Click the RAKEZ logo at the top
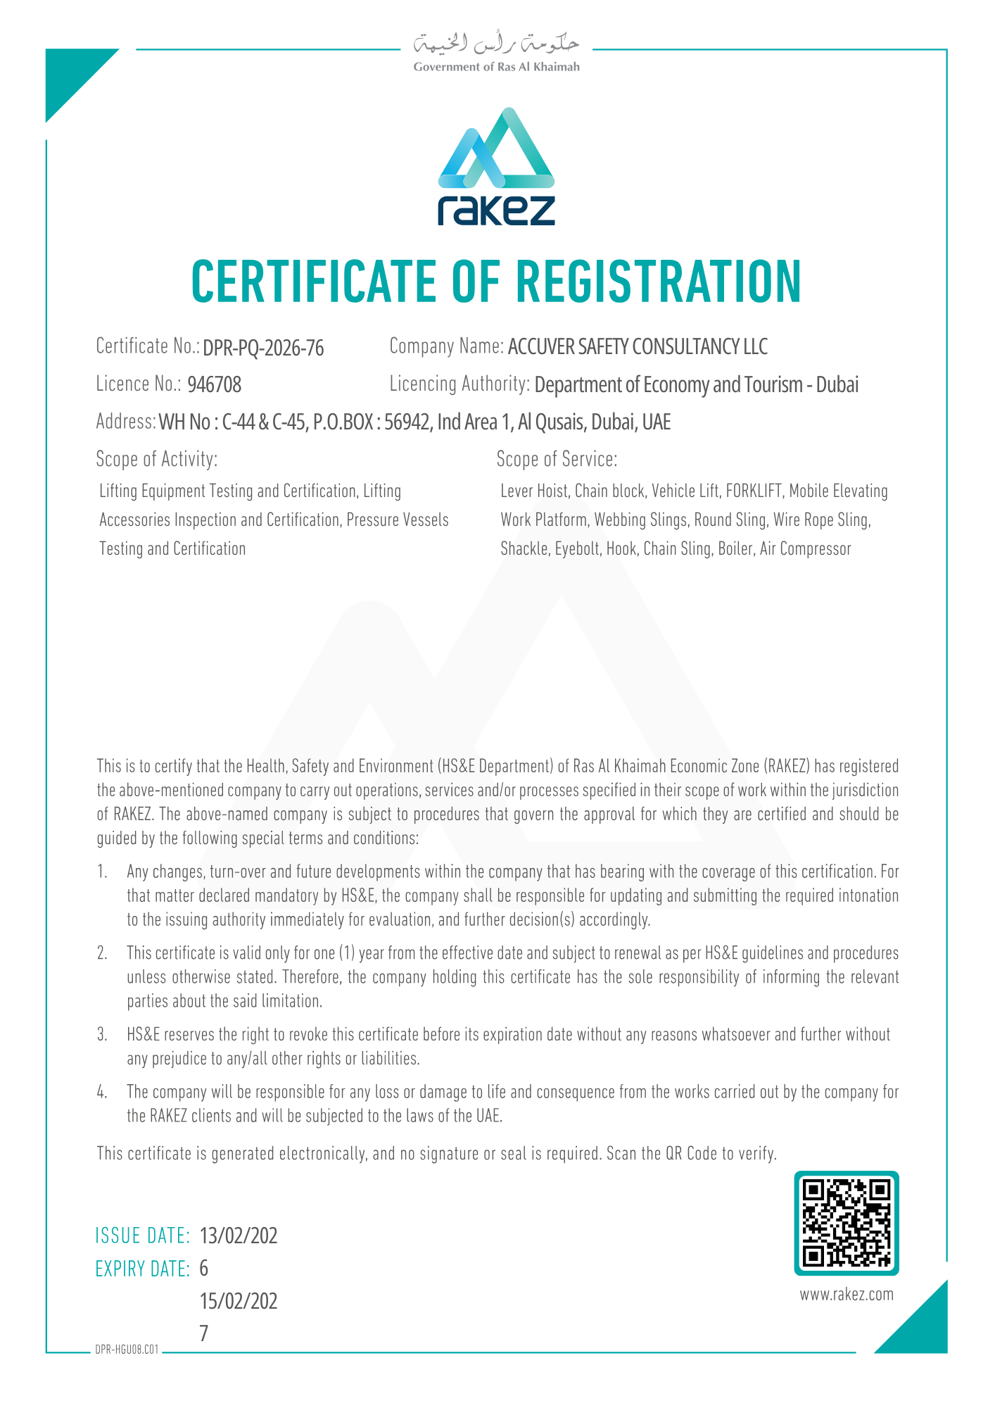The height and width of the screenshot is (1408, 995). click(496, 167)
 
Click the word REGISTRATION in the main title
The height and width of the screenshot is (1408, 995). click(659, 282)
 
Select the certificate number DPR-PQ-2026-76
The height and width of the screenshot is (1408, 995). click(263, 348)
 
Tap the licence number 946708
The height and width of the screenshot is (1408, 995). click(215, 385)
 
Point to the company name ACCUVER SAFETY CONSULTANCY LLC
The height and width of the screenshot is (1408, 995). click(638, 347)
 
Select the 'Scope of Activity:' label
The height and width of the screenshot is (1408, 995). click(157, 460)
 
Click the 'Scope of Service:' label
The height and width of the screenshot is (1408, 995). click(557, 460)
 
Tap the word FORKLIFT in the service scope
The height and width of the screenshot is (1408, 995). click(754, 491)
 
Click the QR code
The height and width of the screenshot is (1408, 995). click(847, 1223)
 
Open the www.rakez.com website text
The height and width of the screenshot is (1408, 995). click(847, 1295)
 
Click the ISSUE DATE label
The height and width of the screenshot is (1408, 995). click(142, 1236)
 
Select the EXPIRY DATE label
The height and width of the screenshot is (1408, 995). click(142, 1269)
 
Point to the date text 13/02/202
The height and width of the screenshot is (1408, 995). click(239, 1236)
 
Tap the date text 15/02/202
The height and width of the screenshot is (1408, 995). click(239, 1301)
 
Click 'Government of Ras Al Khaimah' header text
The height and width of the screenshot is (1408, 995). click(496, 67)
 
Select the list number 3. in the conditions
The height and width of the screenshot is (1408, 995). click(102, 1035)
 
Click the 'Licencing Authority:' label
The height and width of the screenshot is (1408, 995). click(460, 384)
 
